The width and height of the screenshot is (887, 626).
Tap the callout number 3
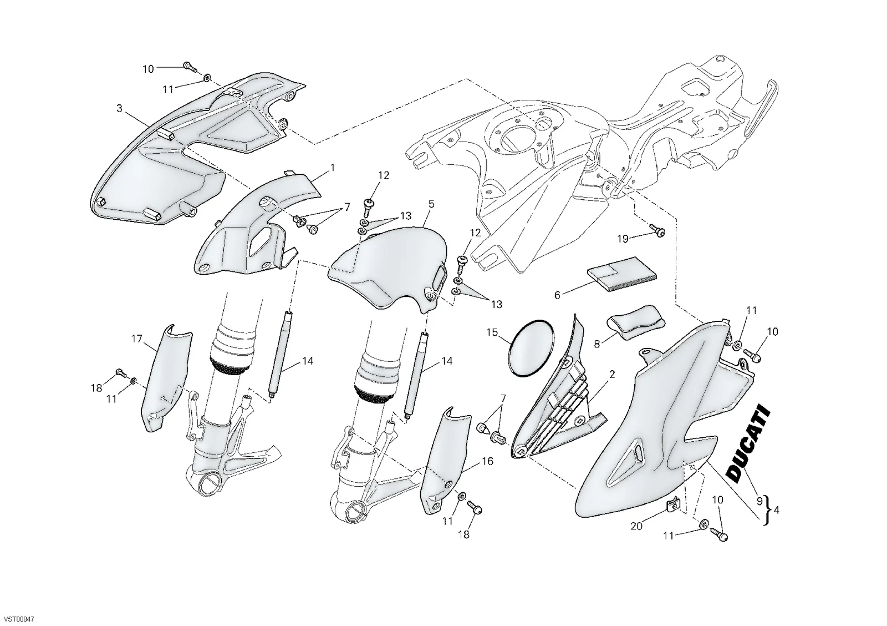(119, 108)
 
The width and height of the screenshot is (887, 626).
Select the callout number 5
(431, 204)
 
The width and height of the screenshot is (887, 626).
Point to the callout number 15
(492, 332)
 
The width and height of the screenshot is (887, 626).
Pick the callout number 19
(623, 238)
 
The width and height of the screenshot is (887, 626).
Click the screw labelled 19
(657, 230)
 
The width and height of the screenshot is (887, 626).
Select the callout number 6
(557, 295)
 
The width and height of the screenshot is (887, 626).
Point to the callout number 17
(136, 339)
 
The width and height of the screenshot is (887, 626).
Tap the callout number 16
(487, 461)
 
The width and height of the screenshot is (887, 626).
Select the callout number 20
(636, 526)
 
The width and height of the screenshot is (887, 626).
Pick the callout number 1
(333, 168)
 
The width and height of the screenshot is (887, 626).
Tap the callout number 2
(612, 374)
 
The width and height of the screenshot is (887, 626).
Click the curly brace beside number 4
(767, 510)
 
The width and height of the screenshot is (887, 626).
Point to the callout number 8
(597, 344)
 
